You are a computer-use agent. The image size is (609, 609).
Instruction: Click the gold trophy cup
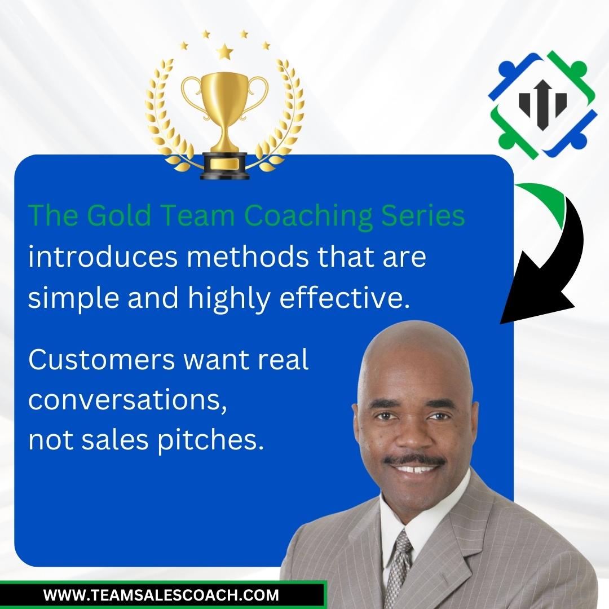point(224,113)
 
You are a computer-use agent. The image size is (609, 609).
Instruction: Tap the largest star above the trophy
point(224,51)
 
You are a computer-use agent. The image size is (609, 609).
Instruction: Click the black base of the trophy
point(224,166)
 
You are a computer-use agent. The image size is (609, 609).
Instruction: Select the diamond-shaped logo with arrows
point(542,105)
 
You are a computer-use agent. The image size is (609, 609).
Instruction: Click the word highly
point(230,299)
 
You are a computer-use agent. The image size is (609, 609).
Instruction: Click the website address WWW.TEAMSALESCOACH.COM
point(161,595)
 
